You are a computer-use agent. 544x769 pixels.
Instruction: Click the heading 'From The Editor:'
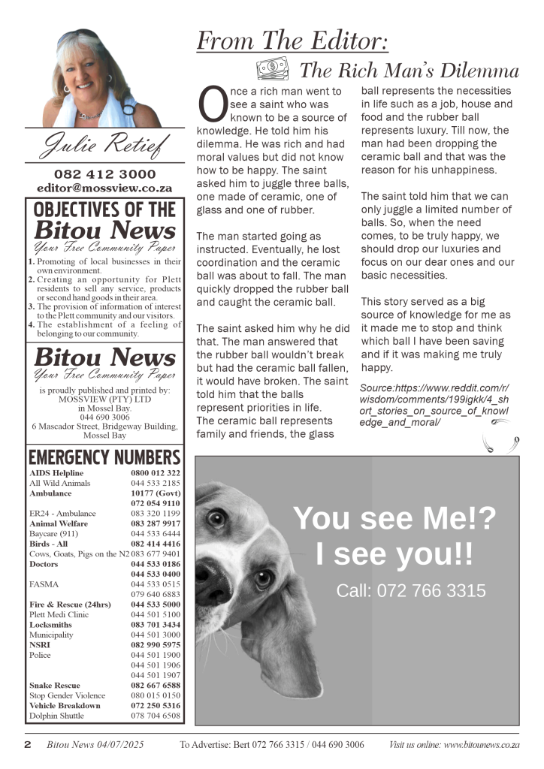tap(292, 41)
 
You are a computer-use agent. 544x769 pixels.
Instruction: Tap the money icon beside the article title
tap(272, 70)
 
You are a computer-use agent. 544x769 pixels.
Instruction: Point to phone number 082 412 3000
tap(104, 174)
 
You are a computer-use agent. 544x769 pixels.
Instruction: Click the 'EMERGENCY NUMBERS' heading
tap(104, 457)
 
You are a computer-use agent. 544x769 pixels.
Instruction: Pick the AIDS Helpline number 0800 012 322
tap(156, 473)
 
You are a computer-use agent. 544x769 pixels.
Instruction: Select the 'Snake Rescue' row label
tap(55, 685)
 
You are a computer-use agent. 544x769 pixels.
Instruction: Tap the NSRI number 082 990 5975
tap(156, 644)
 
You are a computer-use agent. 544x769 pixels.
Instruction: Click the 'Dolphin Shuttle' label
tap(56, 716)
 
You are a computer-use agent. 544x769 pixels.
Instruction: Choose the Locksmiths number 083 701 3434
tap(156, 624)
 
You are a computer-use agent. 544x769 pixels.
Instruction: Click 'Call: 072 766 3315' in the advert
tap(411, 591)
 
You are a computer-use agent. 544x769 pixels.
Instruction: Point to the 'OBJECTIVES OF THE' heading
tap(104, 209)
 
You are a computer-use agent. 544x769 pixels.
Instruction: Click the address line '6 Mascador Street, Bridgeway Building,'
tap(104, 426)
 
